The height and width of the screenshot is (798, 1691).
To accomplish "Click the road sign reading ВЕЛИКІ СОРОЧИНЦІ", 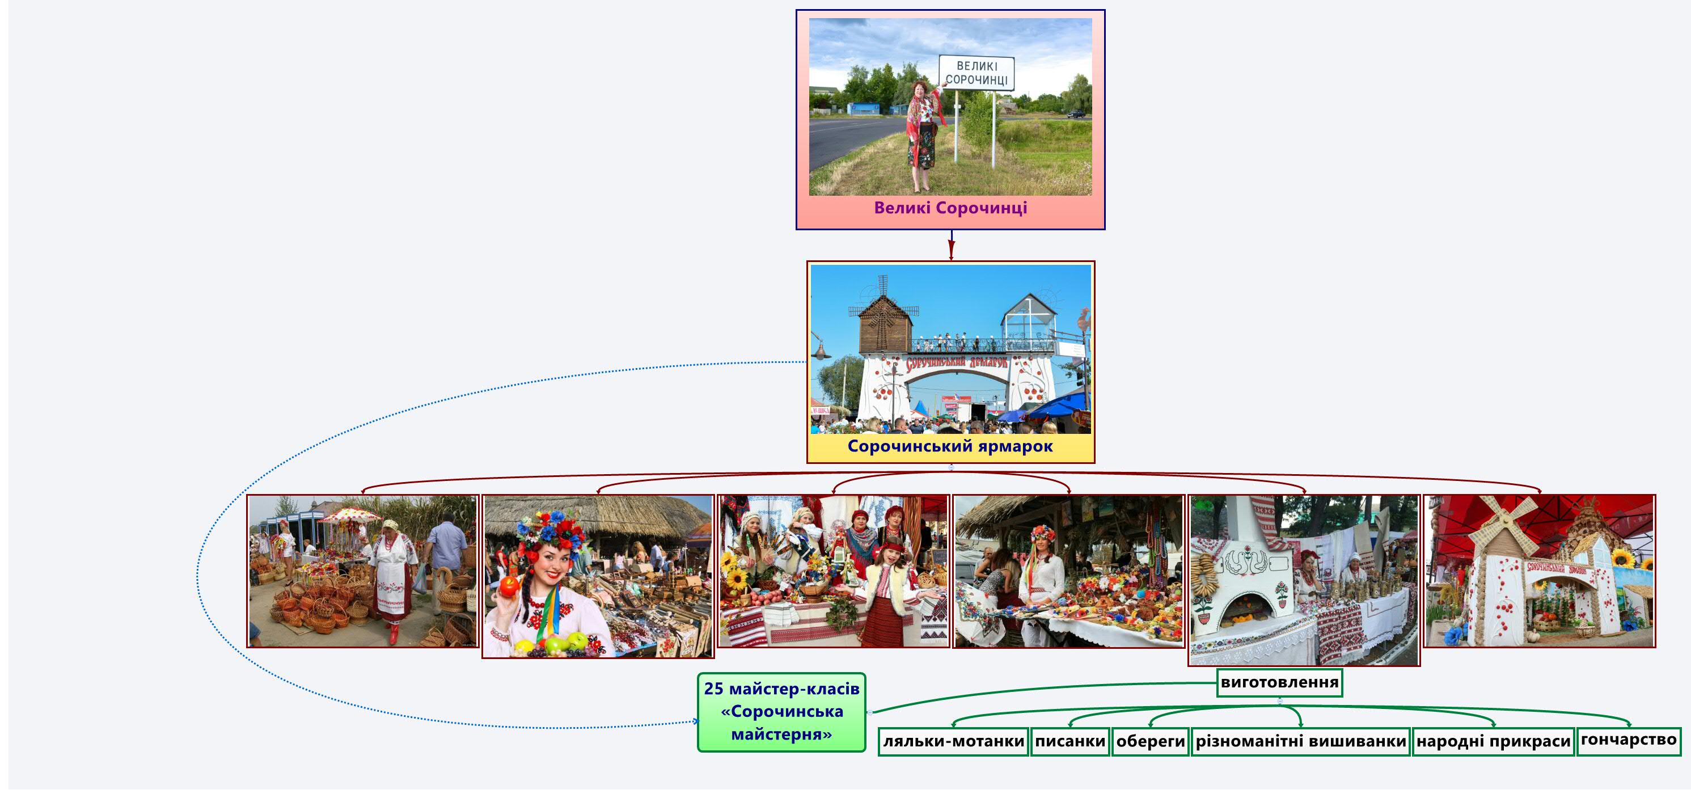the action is [x=976, y=73].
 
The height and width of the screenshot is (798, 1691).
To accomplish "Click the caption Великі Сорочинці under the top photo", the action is [x=950, y=208].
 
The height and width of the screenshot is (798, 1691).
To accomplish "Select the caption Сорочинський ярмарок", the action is [x=950, y=446].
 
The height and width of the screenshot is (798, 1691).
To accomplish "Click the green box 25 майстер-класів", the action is [x=781, y=712].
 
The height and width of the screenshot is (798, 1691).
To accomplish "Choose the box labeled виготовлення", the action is [x=1279, y=682].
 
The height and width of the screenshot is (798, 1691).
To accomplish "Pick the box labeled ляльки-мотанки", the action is [x=953, y=741].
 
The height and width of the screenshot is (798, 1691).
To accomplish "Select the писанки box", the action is [x=1070, y=741].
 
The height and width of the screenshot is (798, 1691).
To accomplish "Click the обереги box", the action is [x=1151, y=741].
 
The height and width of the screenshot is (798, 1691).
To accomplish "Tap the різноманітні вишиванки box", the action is [x=1300, y=741].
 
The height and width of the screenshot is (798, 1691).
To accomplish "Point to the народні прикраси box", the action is [x=1494, y=741].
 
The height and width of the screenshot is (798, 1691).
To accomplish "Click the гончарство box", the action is [x=1629, y=740].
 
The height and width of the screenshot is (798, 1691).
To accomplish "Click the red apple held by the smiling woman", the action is [x=509, y=585].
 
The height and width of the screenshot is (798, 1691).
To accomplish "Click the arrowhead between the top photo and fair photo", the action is [x=950, y=252].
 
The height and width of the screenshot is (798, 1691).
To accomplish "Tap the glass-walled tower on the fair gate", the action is [x=1028, y=320].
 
